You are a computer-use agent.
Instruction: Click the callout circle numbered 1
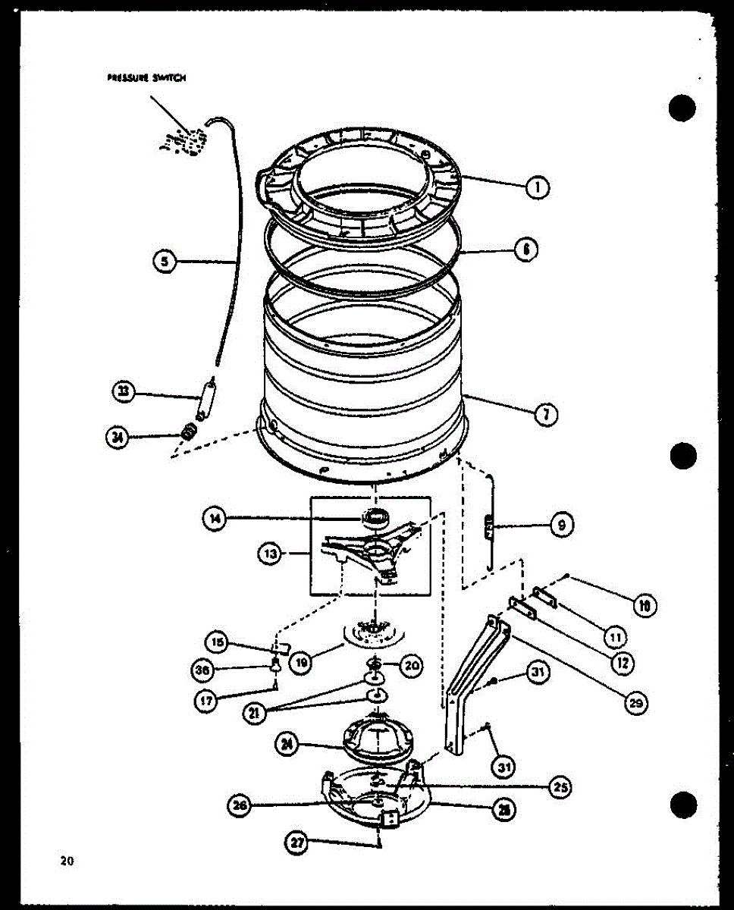[538, 187]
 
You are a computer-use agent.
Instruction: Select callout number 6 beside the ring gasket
[525, 249]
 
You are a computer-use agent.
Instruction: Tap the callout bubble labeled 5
[163, 262]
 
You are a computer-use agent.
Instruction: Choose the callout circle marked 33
[122, 392]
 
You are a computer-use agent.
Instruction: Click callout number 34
[118, 438]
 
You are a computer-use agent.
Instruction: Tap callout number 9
[561, 525]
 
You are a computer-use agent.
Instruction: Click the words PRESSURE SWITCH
[146, 77]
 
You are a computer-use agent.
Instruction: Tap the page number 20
[67, 860]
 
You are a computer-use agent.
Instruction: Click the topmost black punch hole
[682, 108]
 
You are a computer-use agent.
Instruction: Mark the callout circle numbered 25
[561, 786]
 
